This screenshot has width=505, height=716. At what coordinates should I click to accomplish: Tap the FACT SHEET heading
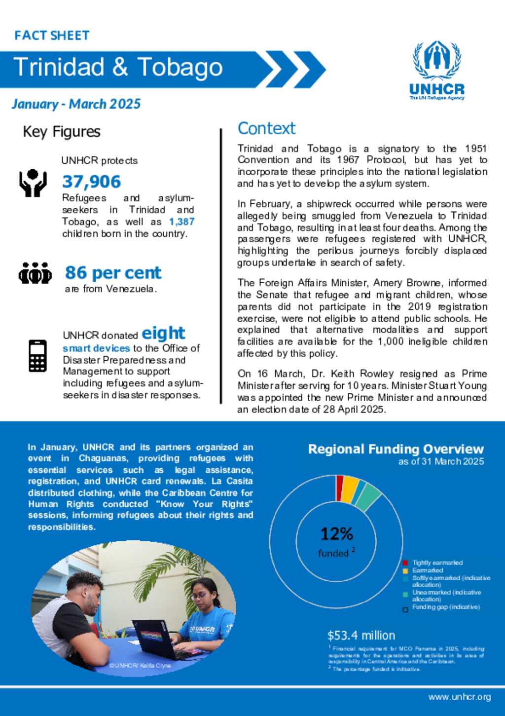click(x=52, y=36)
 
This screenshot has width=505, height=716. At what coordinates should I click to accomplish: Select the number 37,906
click(x=91, y=182)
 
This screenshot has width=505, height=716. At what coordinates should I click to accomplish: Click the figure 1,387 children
click(x=181, y=222)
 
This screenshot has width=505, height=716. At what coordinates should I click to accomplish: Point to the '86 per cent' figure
click(x=113, y=272)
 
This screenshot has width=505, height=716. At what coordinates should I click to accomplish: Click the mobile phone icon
click(x=37, y=355)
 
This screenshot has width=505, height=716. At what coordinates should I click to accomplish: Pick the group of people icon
click(x=35, y=273)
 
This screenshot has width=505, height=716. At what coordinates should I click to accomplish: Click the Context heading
click(x=266, y=128)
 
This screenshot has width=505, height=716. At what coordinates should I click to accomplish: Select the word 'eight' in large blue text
click(x=163, y=333)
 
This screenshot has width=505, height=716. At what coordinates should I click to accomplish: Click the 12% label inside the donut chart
click(x=337, y=533)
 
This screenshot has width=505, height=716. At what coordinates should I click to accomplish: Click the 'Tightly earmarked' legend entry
click(x=437, y=563)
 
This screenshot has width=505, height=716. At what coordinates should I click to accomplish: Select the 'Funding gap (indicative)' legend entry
click(x=445, y=607)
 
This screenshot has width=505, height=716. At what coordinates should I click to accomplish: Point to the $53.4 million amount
click(x=361, y=636)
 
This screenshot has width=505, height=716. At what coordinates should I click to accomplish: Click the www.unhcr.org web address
click(x=459, y=697)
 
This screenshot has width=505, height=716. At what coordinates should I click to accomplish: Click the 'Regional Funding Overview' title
click(x=396, y=449)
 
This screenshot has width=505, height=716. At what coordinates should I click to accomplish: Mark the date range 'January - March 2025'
click(x=76, y=104)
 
